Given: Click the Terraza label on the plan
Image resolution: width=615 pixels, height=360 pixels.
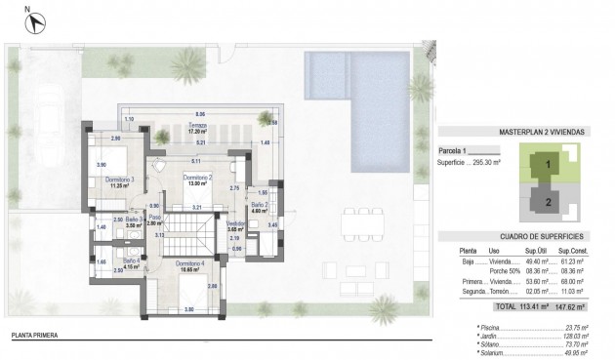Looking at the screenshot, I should point(199,125).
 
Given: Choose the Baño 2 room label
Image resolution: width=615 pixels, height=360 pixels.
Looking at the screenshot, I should point(258,206).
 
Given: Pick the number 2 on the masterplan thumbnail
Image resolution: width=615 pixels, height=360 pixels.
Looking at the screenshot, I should point(549,202).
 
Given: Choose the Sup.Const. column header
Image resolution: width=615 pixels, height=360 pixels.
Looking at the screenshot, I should point(584,251).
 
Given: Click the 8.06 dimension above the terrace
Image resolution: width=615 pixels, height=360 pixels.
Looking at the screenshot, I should point(199,113).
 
